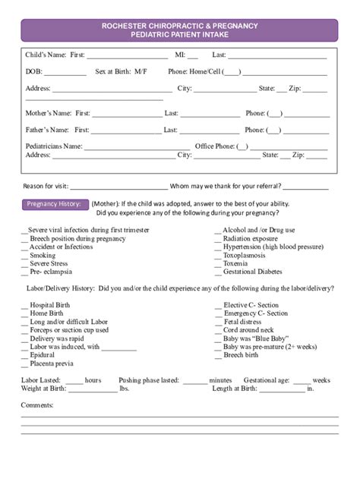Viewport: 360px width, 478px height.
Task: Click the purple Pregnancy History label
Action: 54,203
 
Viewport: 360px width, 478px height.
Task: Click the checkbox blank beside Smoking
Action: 24,256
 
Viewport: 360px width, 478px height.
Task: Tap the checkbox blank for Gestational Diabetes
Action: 219,272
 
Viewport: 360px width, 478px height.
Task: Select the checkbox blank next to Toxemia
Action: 219,264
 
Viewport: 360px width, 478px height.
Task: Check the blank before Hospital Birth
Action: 24,305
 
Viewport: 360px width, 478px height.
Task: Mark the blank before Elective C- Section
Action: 219,305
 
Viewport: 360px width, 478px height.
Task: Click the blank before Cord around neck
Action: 219,330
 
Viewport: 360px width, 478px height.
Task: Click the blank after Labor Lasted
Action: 71,380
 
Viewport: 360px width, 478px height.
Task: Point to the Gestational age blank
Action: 302,380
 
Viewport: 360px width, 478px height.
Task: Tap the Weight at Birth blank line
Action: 92,389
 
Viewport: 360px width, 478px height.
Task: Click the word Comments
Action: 36,405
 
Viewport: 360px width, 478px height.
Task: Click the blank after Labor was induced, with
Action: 118,347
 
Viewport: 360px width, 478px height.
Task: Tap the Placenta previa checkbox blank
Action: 24,363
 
